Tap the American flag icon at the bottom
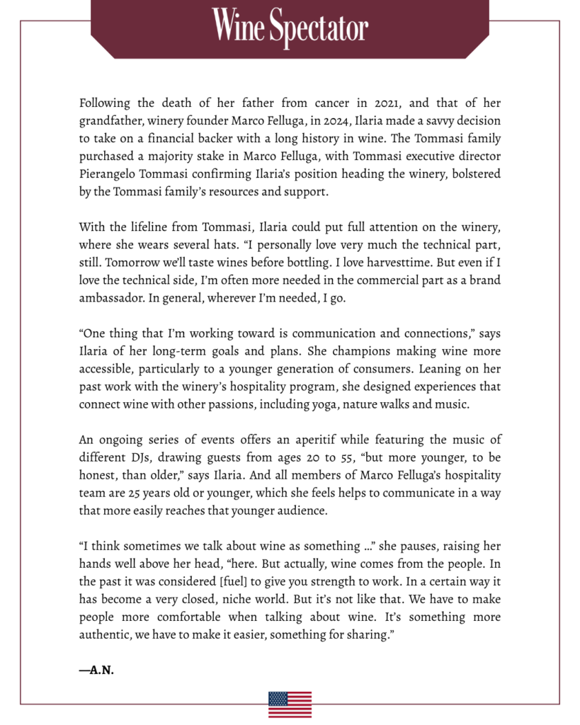click(290, 704)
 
